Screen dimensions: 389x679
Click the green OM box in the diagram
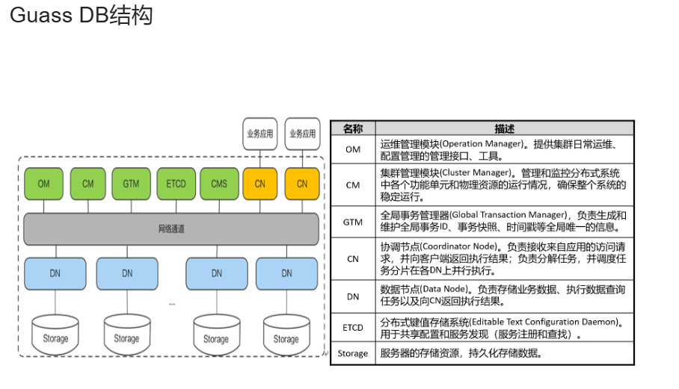click(x=43, y=184)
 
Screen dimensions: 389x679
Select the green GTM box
click(x=132, y=184)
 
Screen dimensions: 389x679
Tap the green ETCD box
click(x=176, y=184)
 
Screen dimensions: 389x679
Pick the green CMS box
click(x=219, y=184)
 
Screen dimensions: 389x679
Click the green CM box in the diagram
click(x=87, y=184)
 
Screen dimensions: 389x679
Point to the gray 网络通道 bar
click(x=171, y=229)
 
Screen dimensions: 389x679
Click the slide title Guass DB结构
click(x=81, y=16)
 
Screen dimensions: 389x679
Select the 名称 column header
click(x=352, y=128)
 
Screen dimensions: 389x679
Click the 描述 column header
click(x=505, y=128)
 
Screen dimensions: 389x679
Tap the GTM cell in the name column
click(x=352, y=222)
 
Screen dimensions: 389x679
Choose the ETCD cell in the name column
click(x=352, y=327)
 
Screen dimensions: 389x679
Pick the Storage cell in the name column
click(x=352, y=353)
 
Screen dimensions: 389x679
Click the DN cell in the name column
click(x=352, y=296)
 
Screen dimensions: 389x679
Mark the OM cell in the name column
click(x=352, y=149)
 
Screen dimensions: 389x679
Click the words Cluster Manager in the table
click(x=478, y=172)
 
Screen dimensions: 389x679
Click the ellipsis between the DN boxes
click(x=172, y=303)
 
